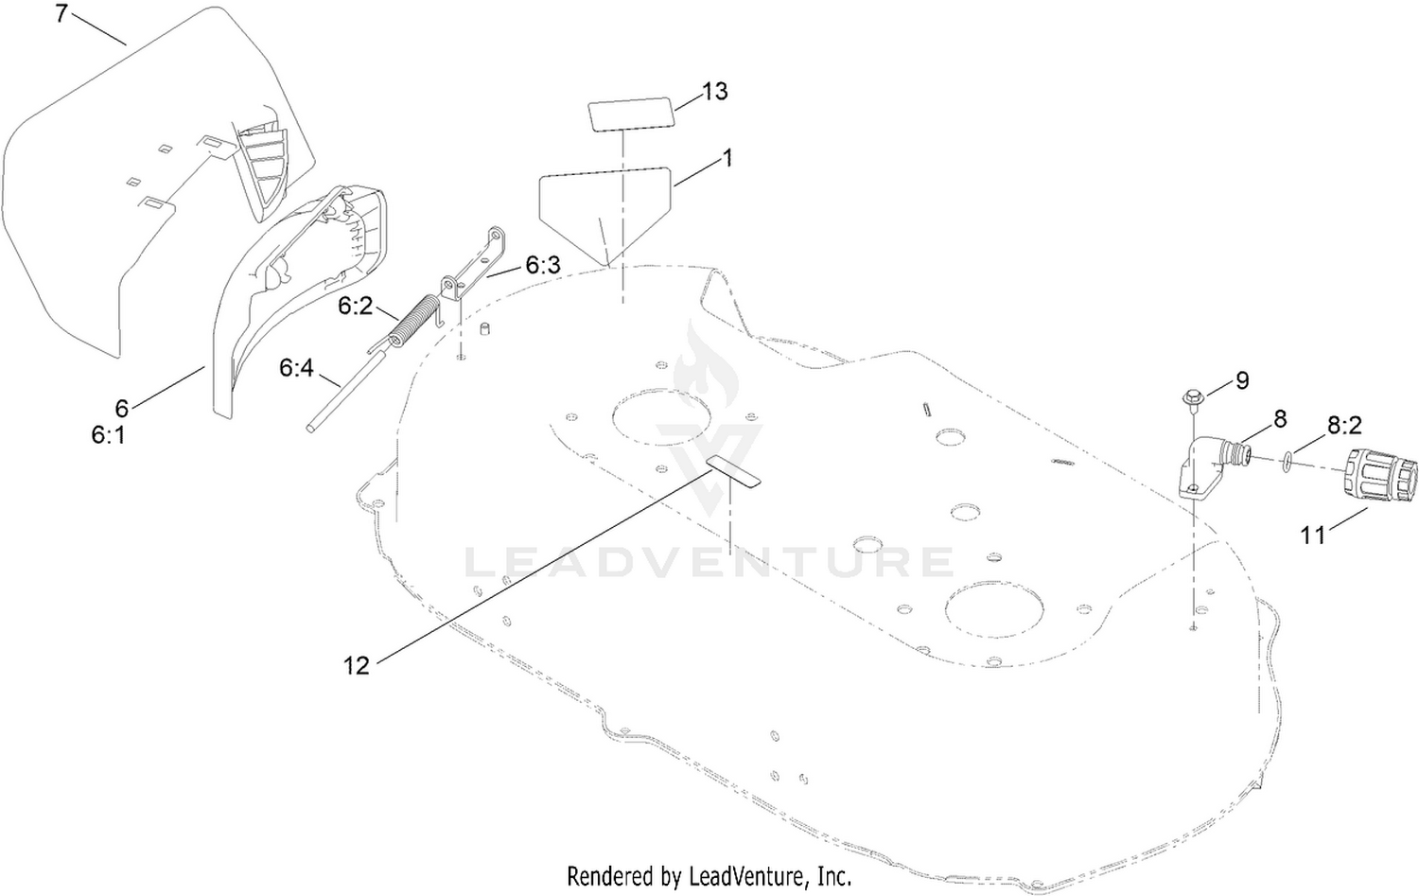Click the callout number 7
click(61, 13)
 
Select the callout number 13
click(714, 91)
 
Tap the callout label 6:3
click(543, 266)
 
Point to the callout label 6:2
click(356, 306)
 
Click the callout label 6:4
click(296, 367)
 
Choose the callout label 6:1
click(109, 434)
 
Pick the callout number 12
click(356, 665)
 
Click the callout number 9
click(1242, 380)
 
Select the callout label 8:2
click(1344, 426)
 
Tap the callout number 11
click(1313, 536)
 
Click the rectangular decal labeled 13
click(630, 114)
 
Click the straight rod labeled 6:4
click(345, 392)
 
